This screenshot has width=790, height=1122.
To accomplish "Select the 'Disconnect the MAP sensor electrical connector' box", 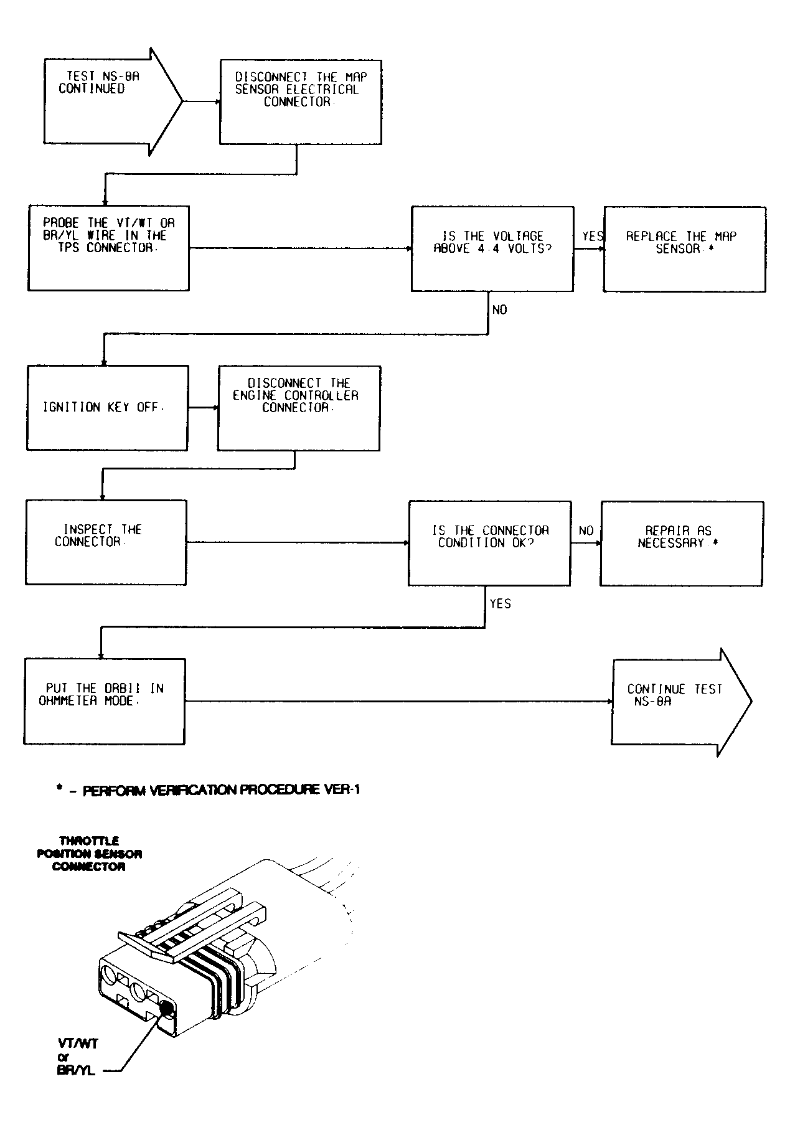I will (301, 102).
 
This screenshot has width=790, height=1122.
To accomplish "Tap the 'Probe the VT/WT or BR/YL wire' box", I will (108, 248).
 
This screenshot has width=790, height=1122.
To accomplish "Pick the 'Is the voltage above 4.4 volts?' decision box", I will (492, 249).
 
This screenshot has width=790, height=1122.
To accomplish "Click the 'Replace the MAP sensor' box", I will (684, 249).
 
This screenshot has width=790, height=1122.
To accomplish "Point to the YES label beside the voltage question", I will (592, 237).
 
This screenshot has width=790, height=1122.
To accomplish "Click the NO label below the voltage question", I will (499, 309).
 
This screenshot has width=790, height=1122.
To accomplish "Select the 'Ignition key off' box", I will (107, 408).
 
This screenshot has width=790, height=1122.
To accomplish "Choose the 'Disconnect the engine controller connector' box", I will (298, 408).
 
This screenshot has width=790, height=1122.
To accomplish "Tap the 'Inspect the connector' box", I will (106, 542).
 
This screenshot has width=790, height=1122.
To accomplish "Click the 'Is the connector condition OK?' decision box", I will (489, 543).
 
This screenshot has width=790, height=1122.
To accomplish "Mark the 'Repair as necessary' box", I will (681, 543).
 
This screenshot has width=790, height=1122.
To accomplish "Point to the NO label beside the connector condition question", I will (586, 530).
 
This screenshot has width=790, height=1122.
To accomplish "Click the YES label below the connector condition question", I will (500, 603).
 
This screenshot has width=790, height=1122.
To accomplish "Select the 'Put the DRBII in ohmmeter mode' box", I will (105, 701).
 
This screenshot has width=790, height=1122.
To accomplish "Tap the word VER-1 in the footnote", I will (342, 790).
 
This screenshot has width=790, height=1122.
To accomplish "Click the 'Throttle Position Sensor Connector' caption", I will (89, 854).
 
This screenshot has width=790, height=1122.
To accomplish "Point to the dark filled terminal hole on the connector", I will (166, 1009).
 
